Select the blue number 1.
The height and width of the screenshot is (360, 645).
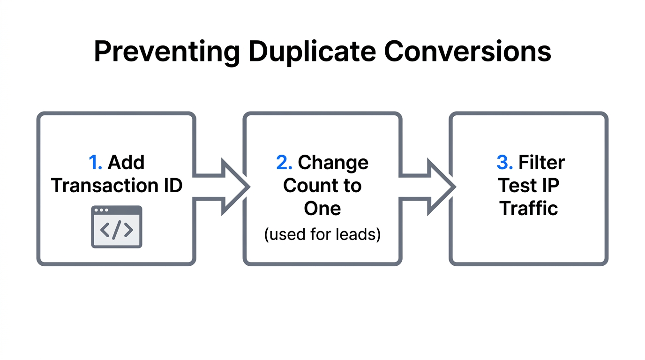point(95,163)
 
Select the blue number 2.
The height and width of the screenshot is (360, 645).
point(284,163)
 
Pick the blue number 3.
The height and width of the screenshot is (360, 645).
point(504,163)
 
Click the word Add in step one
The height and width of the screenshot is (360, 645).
point(126,163)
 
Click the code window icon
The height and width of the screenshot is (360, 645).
point(116,226)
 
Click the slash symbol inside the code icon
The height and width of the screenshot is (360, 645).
point(117,230)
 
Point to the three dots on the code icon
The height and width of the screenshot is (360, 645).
point(101,210)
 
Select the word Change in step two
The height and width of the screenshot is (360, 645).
point(333,163)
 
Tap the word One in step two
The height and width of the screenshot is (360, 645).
point(322,208)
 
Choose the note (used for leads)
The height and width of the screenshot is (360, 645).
point(322,233)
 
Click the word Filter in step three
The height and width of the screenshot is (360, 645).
point(541,163)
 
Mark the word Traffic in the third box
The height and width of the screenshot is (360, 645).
point(529,208)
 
